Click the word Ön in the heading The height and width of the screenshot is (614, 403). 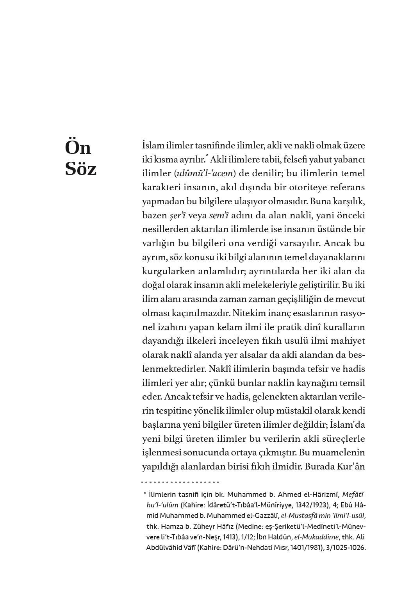click(78, 147)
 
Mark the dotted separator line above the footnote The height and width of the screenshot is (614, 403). click(180, 482)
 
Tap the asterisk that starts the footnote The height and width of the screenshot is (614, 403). click(144, 494)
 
